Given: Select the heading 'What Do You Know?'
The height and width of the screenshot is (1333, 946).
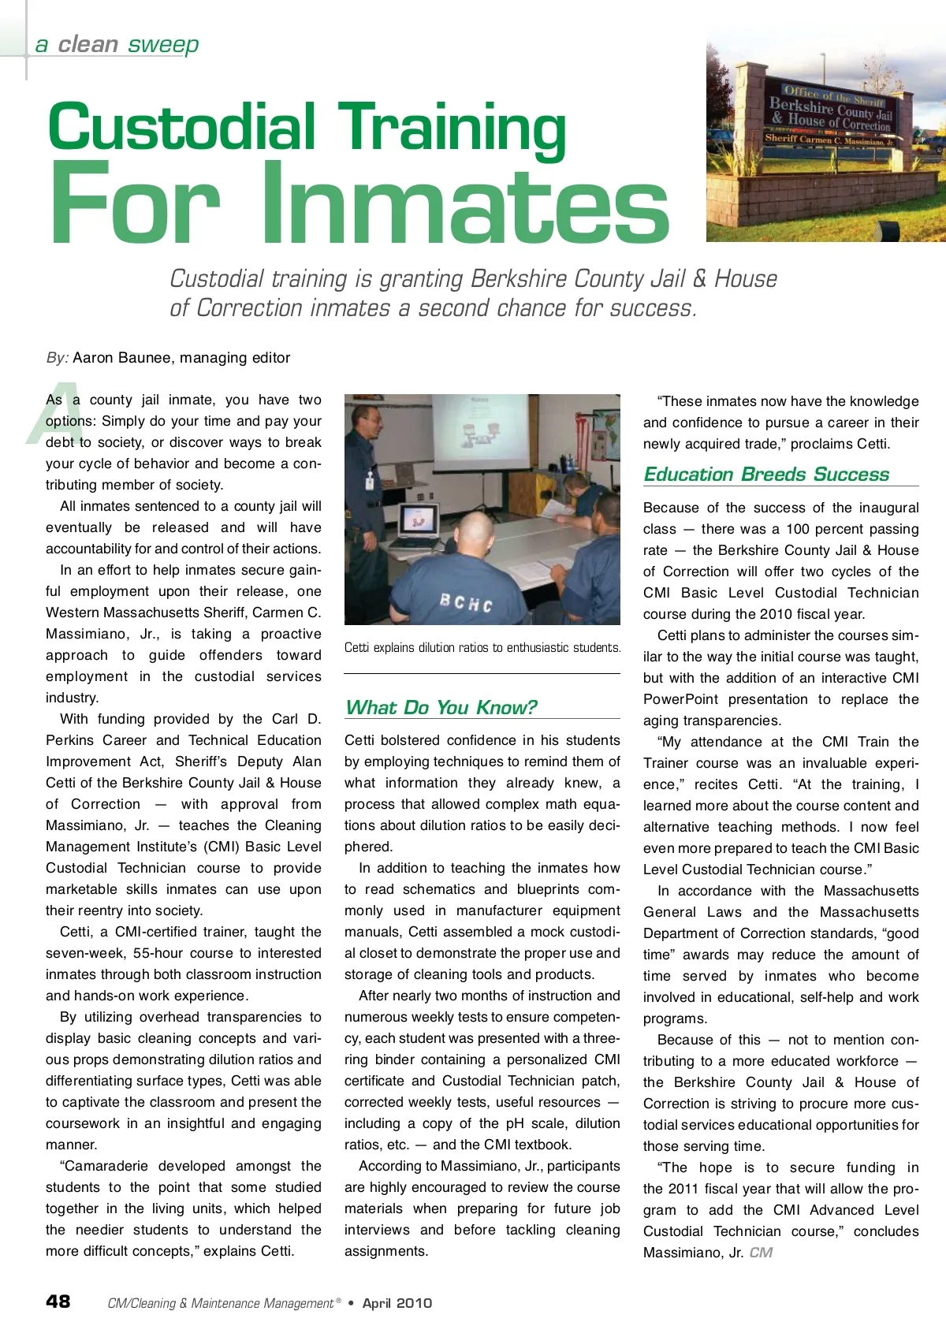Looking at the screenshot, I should (441, 707).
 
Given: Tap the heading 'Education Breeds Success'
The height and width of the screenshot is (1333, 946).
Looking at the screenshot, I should (766, 474).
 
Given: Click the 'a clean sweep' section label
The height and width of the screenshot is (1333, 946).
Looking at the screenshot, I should (117, 44).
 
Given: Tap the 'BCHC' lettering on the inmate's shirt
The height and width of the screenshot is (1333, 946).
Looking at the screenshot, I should (466, 603).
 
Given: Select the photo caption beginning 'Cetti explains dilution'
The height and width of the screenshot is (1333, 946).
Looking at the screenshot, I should (482, 647).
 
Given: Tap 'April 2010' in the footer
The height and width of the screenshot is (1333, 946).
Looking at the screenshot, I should (397, 1303).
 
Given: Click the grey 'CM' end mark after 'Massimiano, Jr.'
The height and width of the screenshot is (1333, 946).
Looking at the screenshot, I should (761, 1253).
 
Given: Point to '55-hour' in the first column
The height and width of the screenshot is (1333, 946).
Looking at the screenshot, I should (158, 953).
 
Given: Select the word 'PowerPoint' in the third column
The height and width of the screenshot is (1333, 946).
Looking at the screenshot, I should (680, 699).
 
